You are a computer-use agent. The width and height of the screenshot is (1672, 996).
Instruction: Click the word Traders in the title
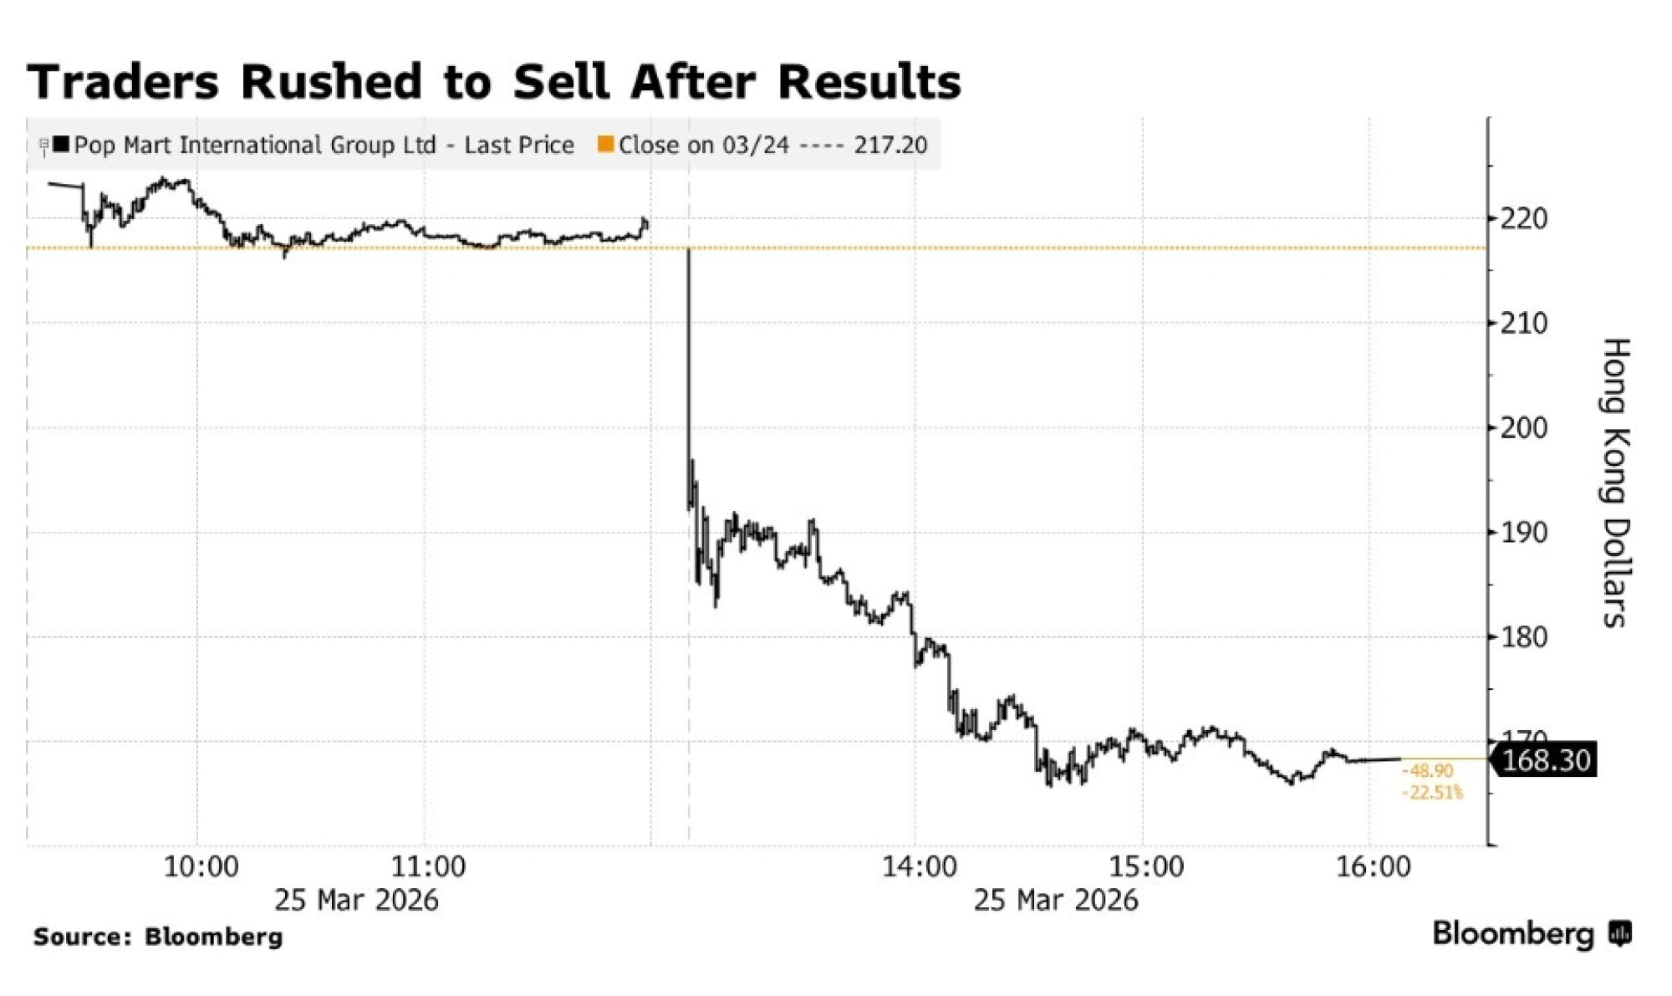tap(123, 82)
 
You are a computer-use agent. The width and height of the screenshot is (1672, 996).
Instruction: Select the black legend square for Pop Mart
tap(61, 145)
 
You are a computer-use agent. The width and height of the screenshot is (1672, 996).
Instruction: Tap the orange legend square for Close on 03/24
tap(606, 145)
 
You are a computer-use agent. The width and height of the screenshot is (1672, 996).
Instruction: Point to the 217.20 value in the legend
tap(890, 146)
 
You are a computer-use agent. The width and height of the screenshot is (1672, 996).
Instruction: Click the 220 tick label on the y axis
tap(1524, 219)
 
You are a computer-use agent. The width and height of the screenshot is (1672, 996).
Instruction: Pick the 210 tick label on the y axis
tap(1524, 323)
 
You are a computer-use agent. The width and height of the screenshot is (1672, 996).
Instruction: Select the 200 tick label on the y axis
tap(1524, 428)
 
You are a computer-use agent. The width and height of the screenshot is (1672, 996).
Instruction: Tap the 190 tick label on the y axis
tap(1524, 533)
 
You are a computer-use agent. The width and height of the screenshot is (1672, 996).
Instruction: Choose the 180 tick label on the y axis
tap(1524, 637)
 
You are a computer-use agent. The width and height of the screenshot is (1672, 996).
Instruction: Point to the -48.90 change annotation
tap(1428, 771)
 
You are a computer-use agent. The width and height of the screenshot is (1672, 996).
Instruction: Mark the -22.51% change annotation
tap(1433, 792)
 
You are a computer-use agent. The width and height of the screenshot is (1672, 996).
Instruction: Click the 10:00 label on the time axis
tap(201, 866)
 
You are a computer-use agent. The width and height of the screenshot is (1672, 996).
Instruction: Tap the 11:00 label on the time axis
tap(428, 866)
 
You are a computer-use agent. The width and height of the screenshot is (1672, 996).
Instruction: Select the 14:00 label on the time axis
tap(919, 866)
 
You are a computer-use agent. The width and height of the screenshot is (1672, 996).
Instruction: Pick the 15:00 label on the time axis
tap(1146, 866)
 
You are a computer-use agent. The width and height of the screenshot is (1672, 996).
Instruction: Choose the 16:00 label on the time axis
tap(1373, 866)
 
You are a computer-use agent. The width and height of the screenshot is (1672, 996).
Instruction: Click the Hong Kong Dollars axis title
tap(1615, 483)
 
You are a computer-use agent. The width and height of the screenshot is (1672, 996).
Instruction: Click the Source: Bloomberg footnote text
tap(158, 937)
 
